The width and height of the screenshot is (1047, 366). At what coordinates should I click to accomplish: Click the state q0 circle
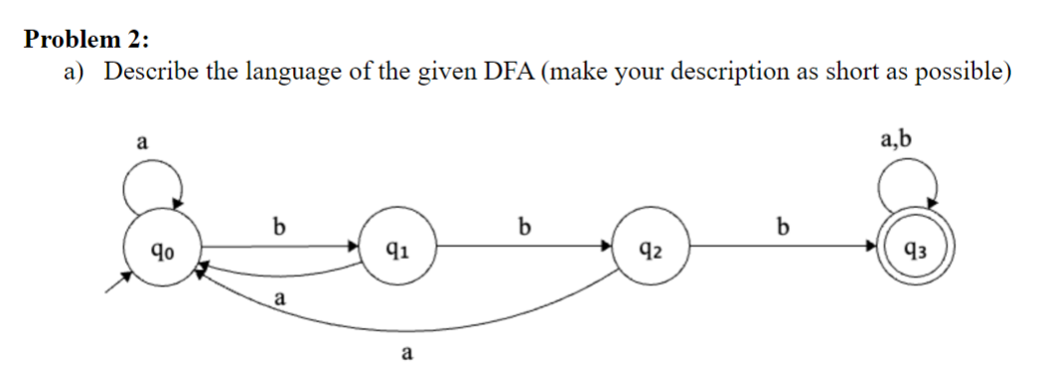coord(159,249)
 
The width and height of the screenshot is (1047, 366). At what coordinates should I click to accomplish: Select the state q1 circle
coord(395,249)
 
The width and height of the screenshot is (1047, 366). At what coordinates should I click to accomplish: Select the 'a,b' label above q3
coord(896,138)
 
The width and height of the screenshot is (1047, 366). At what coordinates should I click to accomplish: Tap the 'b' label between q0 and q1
coord(279,227)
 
